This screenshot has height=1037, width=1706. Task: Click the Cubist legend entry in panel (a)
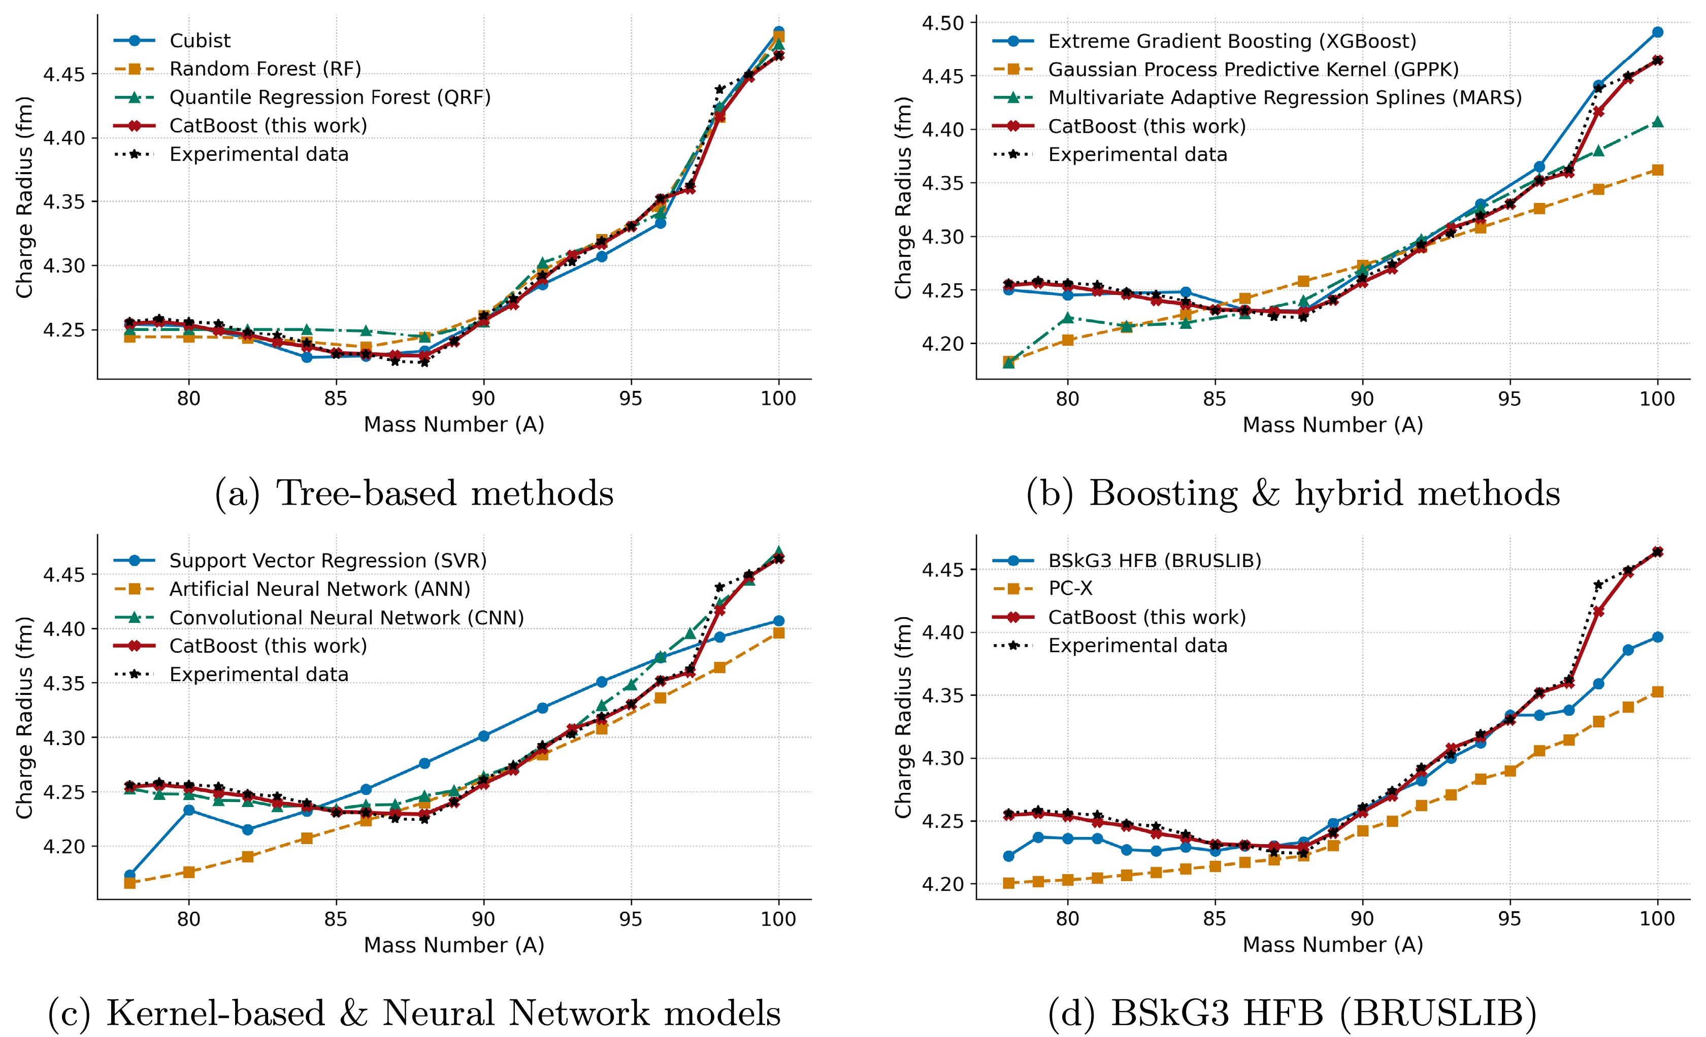200,41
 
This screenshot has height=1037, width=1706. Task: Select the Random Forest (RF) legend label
265,69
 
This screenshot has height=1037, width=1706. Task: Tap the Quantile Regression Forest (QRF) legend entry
330,97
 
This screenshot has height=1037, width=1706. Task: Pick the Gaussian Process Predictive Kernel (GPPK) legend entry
1253,70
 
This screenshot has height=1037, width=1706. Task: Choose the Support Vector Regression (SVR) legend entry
327,561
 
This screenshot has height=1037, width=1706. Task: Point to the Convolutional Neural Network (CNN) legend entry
346,618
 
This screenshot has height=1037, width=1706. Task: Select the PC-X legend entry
1070,588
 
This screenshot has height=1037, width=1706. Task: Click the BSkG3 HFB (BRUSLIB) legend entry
1154,561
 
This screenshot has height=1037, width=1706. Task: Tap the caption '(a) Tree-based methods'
414,493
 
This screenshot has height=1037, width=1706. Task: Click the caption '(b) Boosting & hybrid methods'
1293,493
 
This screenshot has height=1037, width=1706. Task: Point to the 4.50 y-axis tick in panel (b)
943,23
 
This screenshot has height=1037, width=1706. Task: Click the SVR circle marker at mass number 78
129,876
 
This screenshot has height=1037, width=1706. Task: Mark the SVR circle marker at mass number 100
779,621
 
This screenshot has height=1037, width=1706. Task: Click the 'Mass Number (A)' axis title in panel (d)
1332,945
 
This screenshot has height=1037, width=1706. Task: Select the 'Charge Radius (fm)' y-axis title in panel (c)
25,717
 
